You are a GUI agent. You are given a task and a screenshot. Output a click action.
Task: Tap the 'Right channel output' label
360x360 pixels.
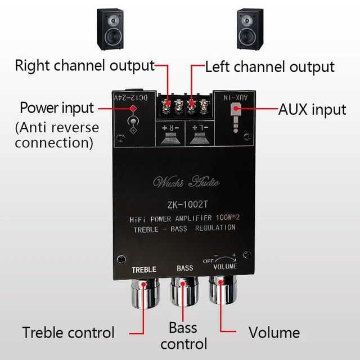tap(84, 65)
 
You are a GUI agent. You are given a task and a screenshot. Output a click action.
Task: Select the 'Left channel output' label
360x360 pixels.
tap(269, 67)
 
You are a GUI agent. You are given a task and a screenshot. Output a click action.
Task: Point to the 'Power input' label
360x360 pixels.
tap(57, 107)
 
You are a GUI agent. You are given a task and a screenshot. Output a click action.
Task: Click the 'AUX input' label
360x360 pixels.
tap(313, 109)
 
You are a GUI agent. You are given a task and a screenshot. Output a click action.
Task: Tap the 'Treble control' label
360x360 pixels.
tap(69, 332)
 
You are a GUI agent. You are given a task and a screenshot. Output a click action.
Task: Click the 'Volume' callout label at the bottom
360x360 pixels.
tap(274, 332)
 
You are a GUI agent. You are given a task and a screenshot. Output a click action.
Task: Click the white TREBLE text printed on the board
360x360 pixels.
tap(143, 270)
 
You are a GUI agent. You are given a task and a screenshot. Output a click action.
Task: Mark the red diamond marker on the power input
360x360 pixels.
tap(133, 107)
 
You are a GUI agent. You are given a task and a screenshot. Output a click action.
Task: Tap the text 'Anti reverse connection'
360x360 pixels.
tap(57, 135)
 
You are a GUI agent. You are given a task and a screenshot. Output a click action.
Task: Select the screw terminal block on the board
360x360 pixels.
tap(185, 104)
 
